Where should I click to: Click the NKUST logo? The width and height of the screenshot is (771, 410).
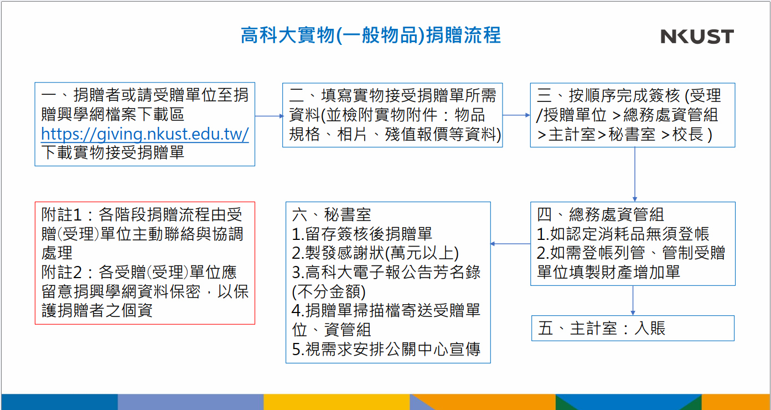coord(697,36)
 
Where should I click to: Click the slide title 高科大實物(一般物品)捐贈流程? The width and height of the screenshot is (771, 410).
coord(371,35)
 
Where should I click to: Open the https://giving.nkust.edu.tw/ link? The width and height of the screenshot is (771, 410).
coord(144,134)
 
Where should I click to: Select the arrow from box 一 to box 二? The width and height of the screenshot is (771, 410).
coord(269,116)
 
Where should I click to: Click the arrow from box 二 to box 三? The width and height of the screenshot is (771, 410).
coord(516,115)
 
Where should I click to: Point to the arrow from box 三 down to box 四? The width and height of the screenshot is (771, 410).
coord(635,175)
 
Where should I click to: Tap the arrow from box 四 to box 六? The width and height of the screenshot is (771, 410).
coord(510,244)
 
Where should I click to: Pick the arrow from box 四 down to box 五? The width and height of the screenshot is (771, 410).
coord(633,300)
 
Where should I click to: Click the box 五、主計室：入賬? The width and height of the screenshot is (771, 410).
coord(633,328)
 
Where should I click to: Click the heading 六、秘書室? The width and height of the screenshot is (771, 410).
coord(332,214)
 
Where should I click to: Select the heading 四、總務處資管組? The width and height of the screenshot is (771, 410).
coord(601,214)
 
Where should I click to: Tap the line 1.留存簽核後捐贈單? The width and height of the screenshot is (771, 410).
coord(362,234)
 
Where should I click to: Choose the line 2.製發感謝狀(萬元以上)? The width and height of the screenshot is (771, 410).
coord(375,253)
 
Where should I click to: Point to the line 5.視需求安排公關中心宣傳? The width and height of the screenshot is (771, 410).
coord(386,349)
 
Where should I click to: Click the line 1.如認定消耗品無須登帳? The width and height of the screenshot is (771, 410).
coord(623,234)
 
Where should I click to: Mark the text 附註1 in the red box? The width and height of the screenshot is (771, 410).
coord(61,214)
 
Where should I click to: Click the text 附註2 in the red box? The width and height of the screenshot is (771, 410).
coord(61,272)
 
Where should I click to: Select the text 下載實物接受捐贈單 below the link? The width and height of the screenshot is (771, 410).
coord(112,152)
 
